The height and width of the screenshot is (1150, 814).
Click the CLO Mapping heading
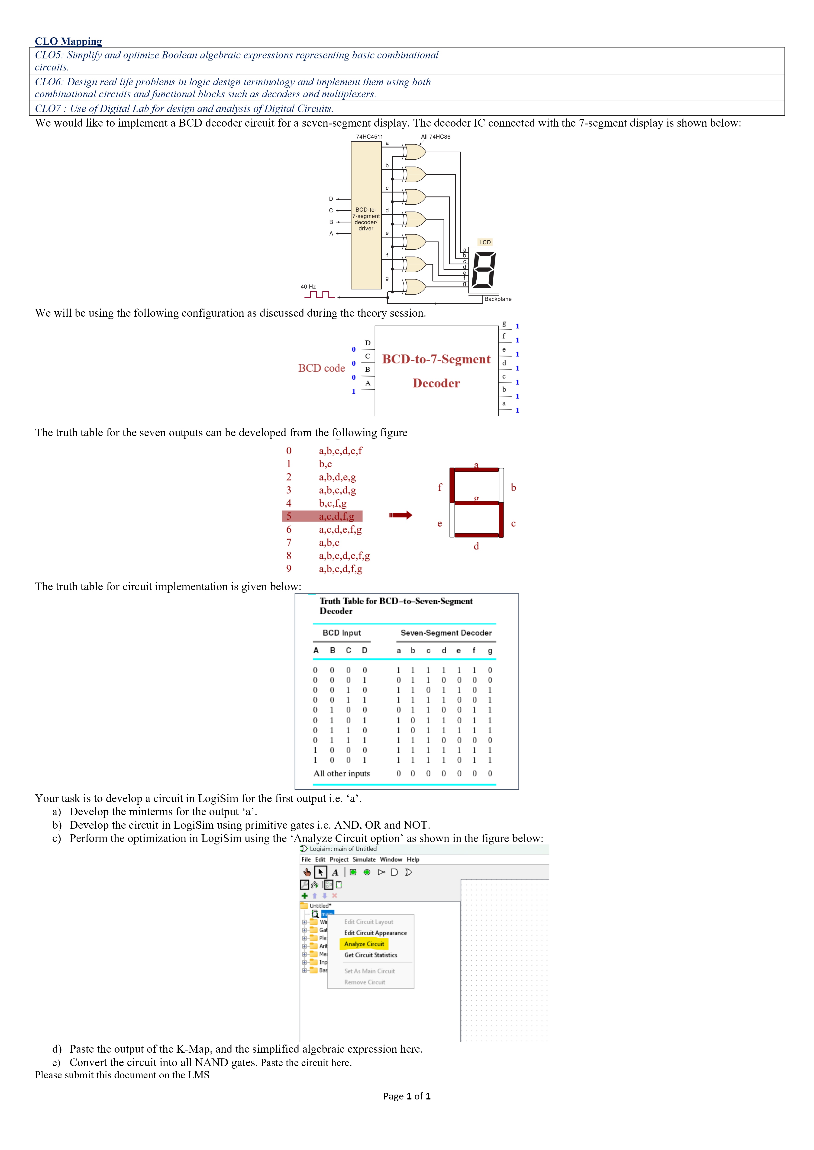click(68, 41)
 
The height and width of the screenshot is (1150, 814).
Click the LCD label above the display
click(485, 242)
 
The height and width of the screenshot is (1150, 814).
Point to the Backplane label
click(498, 299)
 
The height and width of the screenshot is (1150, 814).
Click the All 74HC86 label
click(436, 137)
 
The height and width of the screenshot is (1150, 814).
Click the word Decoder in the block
click(436, 383)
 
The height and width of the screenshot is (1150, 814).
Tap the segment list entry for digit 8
click(344, 555)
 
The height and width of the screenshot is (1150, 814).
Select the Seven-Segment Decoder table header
click(446, 633)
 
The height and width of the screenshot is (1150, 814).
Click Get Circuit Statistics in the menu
click(370, 955)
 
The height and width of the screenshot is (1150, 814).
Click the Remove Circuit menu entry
click(364, 982)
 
